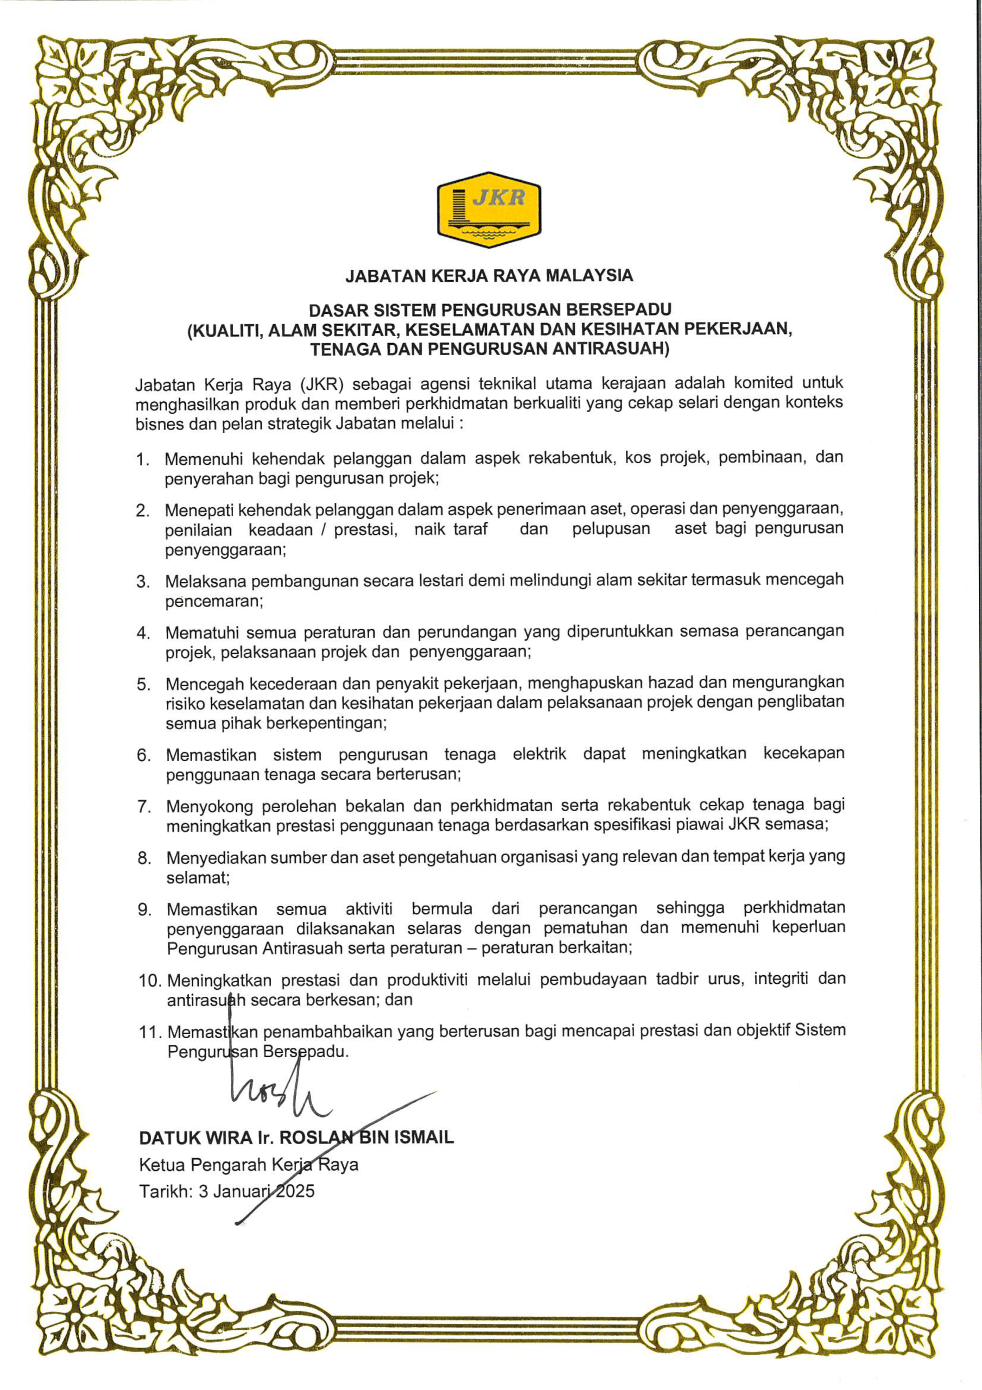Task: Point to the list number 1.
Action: (x=143, y=459)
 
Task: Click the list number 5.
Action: (x=143, y=685)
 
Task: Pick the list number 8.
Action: (x=144, y=858)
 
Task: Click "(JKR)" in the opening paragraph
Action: (x=321, y=384)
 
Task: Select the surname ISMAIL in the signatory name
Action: (x=424, y=1138)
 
